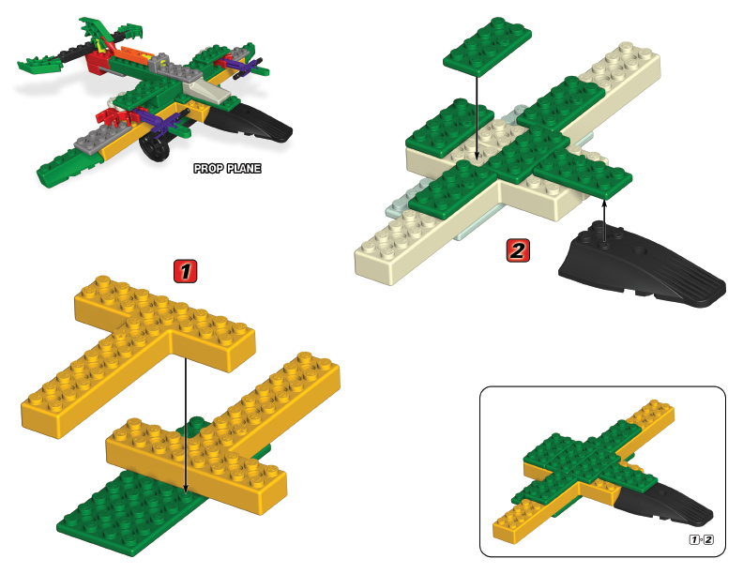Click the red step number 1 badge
(x=185, y=271)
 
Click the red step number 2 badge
(x=518, y=250)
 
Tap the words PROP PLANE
(x=227, y=168)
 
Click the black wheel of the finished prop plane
(x=155, y=147)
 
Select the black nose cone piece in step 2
(x=641, y=267)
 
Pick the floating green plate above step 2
(x=487, y=46)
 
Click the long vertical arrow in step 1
(x=185, y=424)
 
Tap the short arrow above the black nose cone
(x=604, y=221)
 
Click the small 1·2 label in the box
(x=701, y=539)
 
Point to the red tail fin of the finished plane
(x=98, y=62)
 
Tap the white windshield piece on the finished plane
(x=207, y=91)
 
